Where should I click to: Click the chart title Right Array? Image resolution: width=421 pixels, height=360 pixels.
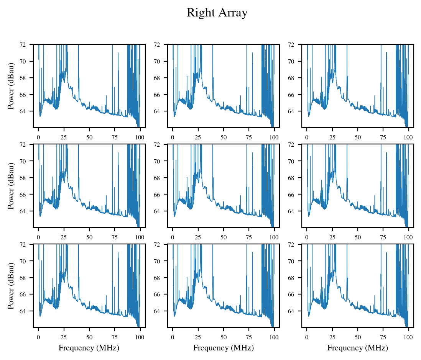(x=217, y=13)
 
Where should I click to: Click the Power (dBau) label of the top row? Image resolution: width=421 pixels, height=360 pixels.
(x=11, y=86)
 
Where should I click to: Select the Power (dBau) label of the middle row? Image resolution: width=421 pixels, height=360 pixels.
(x=11, y=186)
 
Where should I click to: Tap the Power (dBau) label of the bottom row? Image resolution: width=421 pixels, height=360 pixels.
(x=11, y=286)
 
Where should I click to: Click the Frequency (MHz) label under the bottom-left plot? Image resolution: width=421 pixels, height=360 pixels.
(x=89, y=348)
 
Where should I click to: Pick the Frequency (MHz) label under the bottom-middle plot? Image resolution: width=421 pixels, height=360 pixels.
(x=223, y=348)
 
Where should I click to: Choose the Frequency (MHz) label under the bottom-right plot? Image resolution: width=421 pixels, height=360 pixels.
(x=357, y=348)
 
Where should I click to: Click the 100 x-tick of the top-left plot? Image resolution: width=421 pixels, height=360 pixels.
(x=140, y=137)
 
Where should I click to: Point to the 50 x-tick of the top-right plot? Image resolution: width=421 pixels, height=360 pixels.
(x=358, y=137)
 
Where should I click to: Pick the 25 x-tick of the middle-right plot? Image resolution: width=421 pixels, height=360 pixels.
(x=332, y=237)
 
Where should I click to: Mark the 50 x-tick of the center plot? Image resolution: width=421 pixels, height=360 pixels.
(x=224, y=237)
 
